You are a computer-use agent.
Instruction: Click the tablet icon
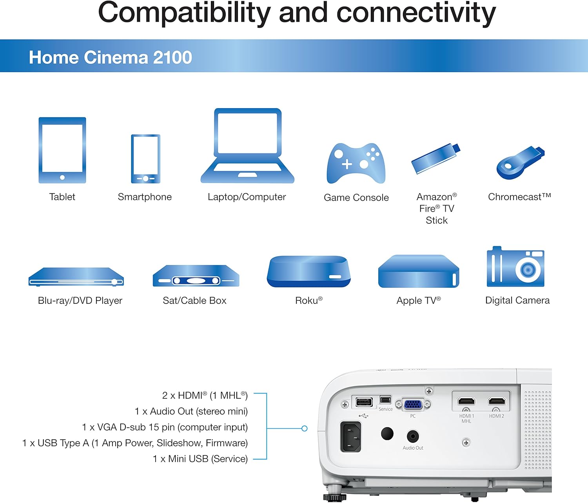pos(62,150)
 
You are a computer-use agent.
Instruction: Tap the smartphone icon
pos(145,159)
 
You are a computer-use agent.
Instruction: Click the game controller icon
pos(356,163)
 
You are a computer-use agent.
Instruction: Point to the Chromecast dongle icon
pos(519,162)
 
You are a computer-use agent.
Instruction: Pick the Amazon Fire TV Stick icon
pos(436,159)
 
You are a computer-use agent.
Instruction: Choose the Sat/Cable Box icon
pos(196,276)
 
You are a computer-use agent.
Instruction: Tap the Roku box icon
pos(309,271)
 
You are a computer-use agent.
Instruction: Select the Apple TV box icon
pos(418,272)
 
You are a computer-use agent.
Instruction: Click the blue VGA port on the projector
pos(413,404)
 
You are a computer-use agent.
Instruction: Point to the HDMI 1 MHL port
pos(466,401)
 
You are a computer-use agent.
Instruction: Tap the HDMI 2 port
pos(497,401)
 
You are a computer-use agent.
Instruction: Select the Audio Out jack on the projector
pos(413,436)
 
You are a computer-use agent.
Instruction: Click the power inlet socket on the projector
pos(351,436)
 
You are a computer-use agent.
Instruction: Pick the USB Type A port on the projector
pos(364,402)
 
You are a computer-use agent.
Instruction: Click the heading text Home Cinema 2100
pos(110,57)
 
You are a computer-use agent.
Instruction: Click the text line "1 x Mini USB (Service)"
pos(200,459)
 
